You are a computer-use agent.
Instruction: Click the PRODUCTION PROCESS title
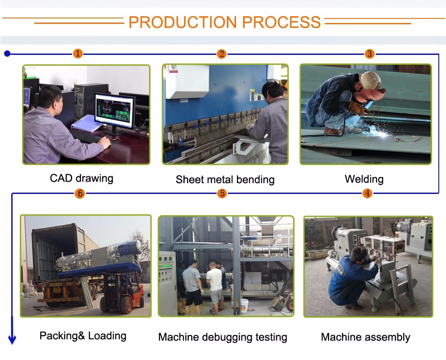pyautogui.click(x=224, y=22)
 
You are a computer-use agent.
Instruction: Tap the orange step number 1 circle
pyautogui.click(x=78, y=54)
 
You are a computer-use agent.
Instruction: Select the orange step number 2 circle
pyautogui.click(x=221, y=54)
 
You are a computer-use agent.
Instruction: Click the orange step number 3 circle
pyautogui.click(x=369, y=54)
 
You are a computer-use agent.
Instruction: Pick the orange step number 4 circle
pyautogui.click(x=368, y=193)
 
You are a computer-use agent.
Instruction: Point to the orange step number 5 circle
pyautogui.click(x=222, y=193)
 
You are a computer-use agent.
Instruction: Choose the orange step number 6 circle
pyautogui.click(x=80, y=193)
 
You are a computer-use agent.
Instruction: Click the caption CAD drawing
pyautogui.click(x=82, y=178)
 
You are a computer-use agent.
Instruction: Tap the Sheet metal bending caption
pyautogui.click(x=225, y=180)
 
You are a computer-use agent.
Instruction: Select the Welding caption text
pyautogui.click(x=364, y=179)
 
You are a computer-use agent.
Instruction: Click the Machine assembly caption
pyautogui.click(x=365, y=337)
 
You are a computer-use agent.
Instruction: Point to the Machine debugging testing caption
pyautogui.click(x=223, y=337)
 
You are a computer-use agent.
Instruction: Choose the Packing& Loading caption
pyautogui.click(x=83, y=336)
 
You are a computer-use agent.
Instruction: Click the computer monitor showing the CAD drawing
pyautogui.click(x=115, y=109)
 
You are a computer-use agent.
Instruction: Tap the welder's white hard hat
pyautogui.click(x=370, y=81)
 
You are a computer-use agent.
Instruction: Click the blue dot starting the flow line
pyautogui.click(x=7, y=54)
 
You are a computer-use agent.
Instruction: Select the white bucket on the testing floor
pyautogui.click(x=244, y=306)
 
